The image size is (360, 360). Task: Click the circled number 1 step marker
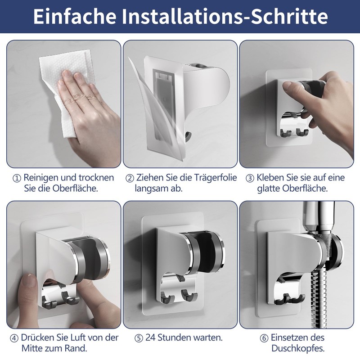pyautogui.click(x=17, y=178)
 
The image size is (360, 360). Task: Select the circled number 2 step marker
pyautogui.click(x=130, y=178)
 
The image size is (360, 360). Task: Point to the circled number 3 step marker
pyautogui.click(x=250, y=178)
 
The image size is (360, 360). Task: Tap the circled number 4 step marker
pyautogui.click(x=14, y=338)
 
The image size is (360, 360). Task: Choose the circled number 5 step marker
pyautogui.click(x=139, y=338)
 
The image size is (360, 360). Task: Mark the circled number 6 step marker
pyautogui.click(x=264, y=338)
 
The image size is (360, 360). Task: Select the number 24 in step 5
pyautogui.click(x=150, y=338)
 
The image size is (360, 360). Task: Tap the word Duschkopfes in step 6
pyautogui.click(x=298, y=348)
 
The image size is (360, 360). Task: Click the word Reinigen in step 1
pyautogui.click(x=41, y=178)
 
